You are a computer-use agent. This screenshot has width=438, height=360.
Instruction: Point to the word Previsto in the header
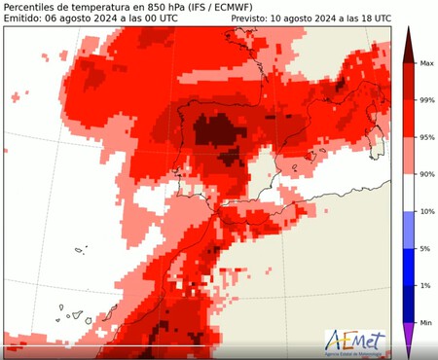pos(254,18)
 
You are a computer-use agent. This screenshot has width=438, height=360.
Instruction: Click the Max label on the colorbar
pos(425,63)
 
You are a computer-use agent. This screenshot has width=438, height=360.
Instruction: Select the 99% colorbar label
pos(425,100)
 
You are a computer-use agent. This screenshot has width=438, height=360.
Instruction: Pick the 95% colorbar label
pos(425,137)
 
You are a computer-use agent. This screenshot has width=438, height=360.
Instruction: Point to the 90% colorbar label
pos(425,174)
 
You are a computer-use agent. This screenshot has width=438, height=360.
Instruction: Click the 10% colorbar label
pos(425,211)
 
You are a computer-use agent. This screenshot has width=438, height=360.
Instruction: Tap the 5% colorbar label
pos(424,248)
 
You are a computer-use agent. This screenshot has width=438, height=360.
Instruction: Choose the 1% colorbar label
pos(424,285)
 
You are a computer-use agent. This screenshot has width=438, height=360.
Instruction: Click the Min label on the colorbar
pos(425,321)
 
